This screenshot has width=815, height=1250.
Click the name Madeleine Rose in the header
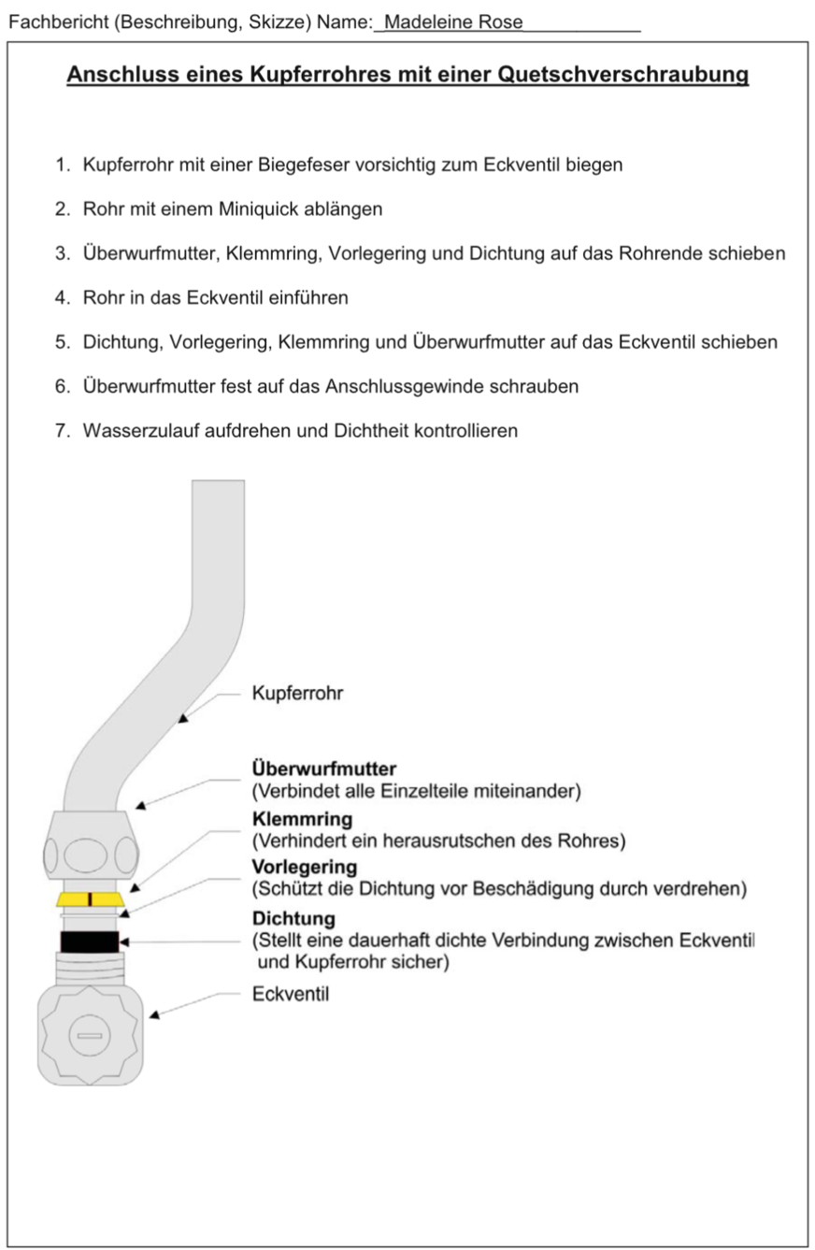453,22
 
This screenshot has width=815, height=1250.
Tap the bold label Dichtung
293,918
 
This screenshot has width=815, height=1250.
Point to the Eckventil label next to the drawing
290,994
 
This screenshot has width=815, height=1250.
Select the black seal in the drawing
89,941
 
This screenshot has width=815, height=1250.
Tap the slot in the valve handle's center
90,1036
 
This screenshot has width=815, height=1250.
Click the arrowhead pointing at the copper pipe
183,719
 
